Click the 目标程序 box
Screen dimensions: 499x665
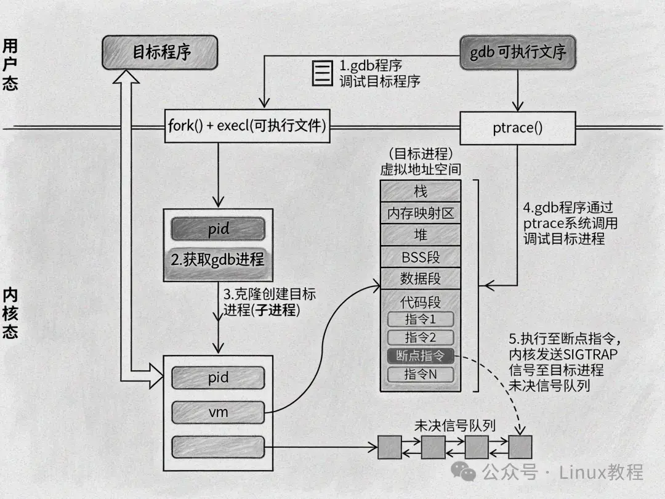tap(160, 52)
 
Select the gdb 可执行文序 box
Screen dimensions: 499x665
tap(517, 52)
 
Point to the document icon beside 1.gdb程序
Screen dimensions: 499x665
tap(320, 73)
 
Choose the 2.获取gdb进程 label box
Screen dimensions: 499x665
tap(219, 259)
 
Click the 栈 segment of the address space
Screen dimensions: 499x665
tap(421, 191)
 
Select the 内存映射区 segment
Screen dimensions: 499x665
tap(421, 213)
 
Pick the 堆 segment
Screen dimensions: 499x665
tap(421, 235)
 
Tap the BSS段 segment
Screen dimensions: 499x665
tap(421, 256)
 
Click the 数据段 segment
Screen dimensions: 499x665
tap(421, 278)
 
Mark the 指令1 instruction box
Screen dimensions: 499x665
tap(421, 320)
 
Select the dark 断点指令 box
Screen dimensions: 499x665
tap(421, 355)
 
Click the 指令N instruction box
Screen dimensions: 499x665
tap(421, 374)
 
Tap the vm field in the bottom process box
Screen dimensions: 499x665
tap(219, 412)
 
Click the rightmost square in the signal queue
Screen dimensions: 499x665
tap(520, 447)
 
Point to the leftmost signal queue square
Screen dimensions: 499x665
tap(389, 447)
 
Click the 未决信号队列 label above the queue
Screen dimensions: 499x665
tap(456, 426)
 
